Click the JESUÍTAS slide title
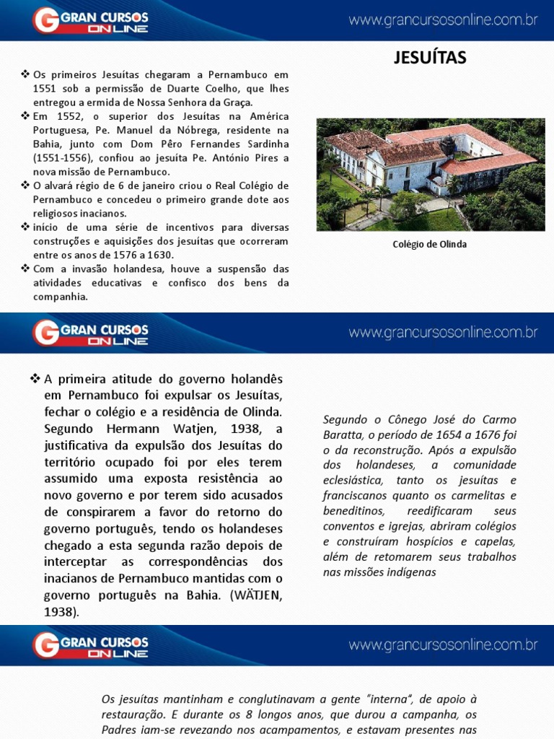[x=430, y=58]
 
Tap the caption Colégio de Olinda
[x=429, y=244]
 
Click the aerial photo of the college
[x=431, y=174]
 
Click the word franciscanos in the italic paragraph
[x=355, y=496]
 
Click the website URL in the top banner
[x=443, y=20]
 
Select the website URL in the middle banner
[x=443, y=333]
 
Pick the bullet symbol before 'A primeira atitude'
[x=34, y=379]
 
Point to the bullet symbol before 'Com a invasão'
[x=25, y=268]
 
